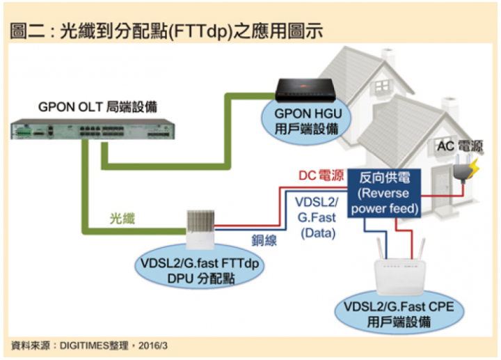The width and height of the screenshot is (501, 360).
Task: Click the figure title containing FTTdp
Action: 166,31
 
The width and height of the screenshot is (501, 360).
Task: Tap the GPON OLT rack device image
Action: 93,129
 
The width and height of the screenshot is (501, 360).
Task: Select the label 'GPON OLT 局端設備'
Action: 98,107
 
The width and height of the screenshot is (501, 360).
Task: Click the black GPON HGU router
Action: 305,91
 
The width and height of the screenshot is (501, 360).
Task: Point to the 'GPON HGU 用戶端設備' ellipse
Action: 306,122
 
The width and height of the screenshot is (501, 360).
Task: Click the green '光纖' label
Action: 122,219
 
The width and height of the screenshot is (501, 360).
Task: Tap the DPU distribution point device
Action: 200,229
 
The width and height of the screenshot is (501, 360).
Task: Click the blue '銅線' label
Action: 264,240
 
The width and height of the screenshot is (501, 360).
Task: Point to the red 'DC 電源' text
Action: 321,175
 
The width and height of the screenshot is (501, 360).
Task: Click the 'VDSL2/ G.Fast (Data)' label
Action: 317,217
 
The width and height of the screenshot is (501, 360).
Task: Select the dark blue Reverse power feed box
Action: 384,193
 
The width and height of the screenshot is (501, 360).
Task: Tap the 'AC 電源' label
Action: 460,146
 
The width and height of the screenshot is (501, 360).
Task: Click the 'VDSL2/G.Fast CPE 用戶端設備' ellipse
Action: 399,313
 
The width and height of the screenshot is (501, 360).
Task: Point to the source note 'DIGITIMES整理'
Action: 94,345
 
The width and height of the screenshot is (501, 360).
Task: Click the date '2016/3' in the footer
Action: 153,345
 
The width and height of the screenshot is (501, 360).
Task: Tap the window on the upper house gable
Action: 382,86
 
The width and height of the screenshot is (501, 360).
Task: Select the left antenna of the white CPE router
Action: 380,249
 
